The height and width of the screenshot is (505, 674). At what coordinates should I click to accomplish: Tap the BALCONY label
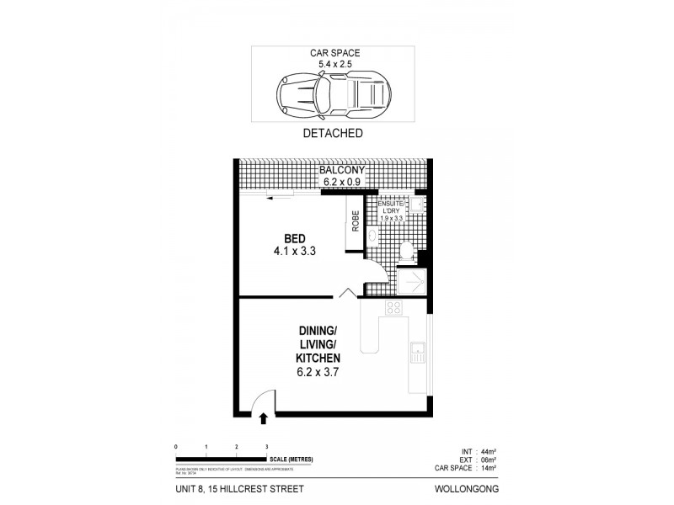[x=340, y=169]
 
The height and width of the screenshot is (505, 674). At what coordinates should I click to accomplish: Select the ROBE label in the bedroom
[x=356, y=221]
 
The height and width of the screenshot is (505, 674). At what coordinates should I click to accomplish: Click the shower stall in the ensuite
[x=413, y=279]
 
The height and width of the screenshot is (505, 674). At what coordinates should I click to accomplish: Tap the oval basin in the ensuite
[x=372, y=237]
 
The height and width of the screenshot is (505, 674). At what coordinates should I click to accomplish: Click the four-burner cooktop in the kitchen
[x=393, y=308]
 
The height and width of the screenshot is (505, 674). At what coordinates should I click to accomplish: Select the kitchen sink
[x=417, y=352]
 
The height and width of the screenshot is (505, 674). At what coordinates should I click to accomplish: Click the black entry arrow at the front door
[x=265, y=417]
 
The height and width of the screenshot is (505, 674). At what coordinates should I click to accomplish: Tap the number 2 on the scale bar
[x=237, y=446]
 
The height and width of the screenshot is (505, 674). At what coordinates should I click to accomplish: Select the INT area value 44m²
[x=488, y=450]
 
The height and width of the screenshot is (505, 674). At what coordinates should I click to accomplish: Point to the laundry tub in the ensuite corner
[x=419, y=205]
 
